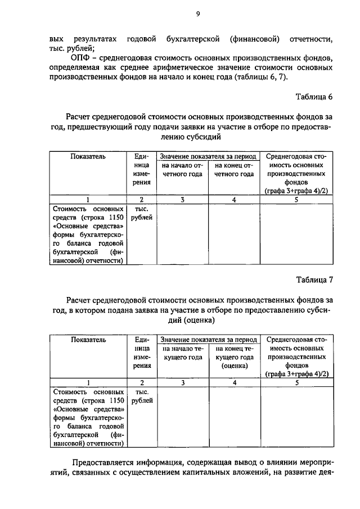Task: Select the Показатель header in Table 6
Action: pyautogui.click(x=88, y=156)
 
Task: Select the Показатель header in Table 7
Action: pyautogui.click(x=88, y=340)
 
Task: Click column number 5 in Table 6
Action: pyautogui.click(x=296, y=200)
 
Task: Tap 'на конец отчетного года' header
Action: pyautogui.click(x=234, y=170)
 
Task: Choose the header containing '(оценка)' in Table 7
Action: pyautogui.click(x=234, y=357)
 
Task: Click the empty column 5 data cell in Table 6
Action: pyautogui.click(x=296, y=234)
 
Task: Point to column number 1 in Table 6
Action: pyautogui.click(x=88, y=200)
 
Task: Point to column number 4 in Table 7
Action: pyautogui.click(x=234, y=383)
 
